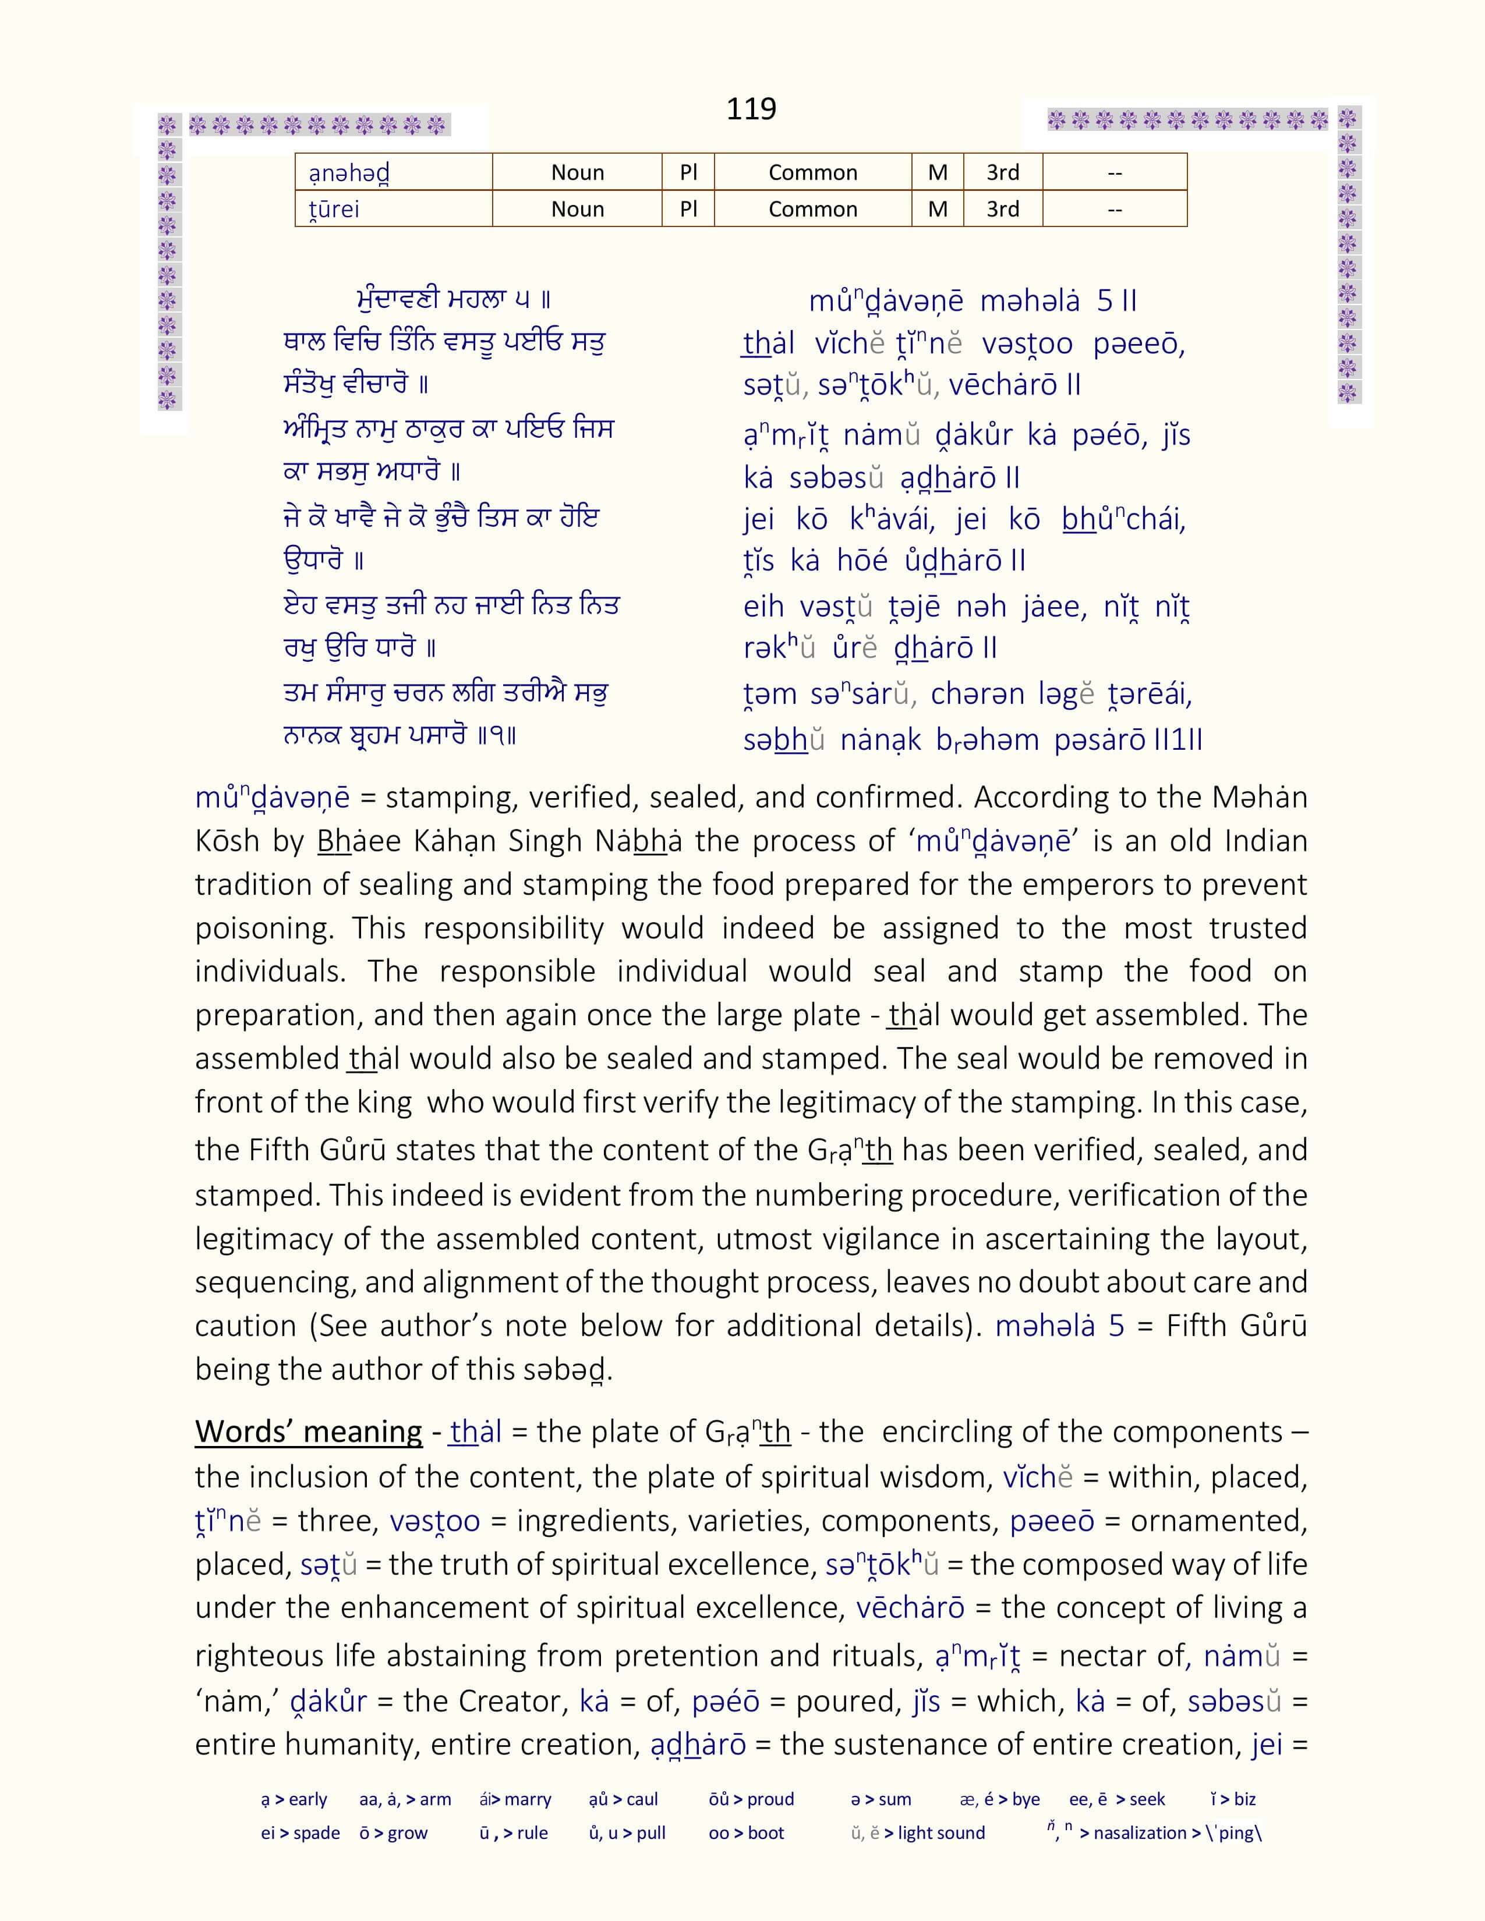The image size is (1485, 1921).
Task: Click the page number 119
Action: click(751, 108)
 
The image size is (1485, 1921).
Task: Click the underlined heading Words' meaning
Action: click(308, 1432)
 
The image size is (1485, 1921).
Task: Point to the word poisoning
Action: click(263, 928)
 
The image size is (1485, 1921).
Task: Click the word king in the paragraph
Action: click(384, 1103)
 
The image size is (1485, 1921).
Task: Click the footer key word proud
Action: click(770, 1799)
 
